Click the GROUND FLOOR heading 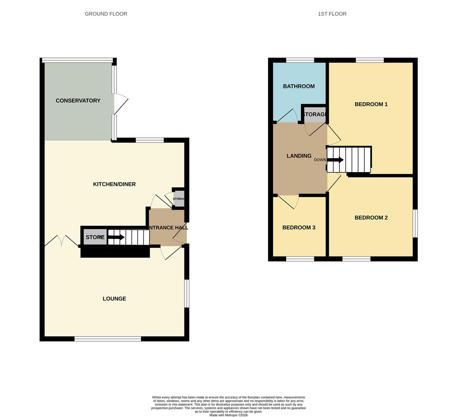pyautogui.click(x=106, y=14)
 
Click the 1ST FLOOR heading pyautogui.click(x=332, y=14)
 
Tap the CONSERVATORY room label pyautogui.click(x=78, y=101)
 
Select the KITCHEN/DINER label pyautogui.click(x=114, y=184)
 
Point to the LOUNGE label pyautogui.click(x=114, y=298)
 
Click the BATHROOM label pyautogui.click(x=299, y=86)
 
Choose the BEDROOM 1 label pyautogui.click(x=371, y=104)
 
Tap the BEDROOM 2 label pyautogui.click(x=371, y=218)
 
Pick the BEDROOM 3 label pyautogui.click(x=299, y=228)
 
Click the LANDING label pyautogui.click(x=299, y=156)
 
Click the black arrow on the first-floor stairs pyautogui.click(x=336, y=160)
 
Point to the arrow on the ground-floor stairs pyautogui.click(x=116, y=237)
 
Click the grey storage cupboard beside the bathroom pyautogui.click(x=315, y=115)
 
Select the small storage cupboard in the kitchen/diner pyautogui.click(x=179, y=198)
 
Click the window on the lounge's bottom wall pyautogui.click(x=108, y=339)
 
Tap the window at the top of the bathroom pyautogui.click(x=300, y=60)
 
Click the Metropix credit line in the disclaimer pyautogui.click(x=228, y=415)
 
